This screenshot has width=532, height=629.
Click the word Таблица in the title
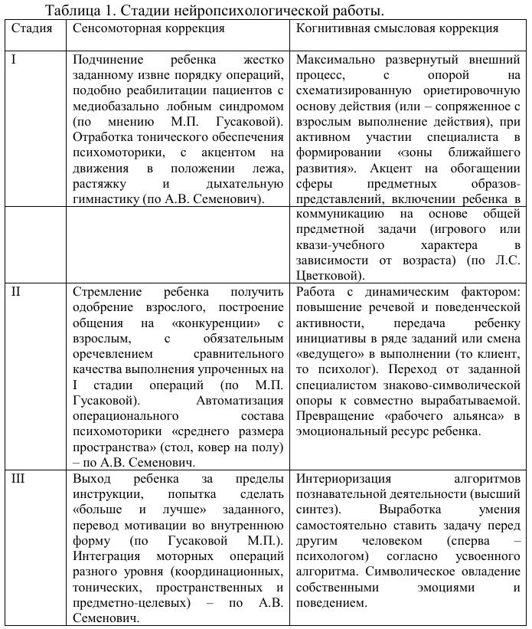[x=72, y=10]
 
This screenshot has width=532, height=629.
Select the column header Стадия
[x=32, y=28]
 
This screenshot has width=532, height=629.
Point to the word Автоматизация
[x=240, y=400]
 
